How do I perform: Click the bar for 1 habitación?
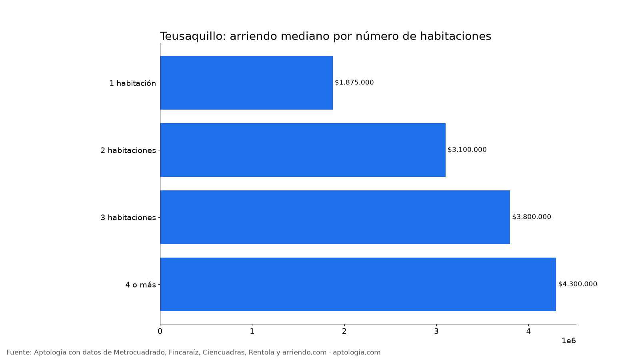(246, 83)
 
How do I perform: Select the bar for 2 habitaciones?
(303, 150)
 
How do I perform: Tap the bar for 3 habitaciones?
(335, 217)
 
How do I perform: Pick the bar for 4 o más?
(358, 284)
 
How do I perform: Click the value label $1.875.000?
(354, 82)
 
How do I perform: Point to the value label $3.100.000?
(467, 150)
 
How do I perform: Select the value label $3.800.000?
(532, 217)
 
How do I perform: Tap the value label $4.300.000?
(578, 284)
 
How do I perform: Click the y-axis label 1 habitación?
(133, 83)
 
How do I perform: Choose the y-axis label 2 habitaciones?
(128, 150)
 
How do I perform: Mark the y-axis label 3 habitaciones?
(128, 218)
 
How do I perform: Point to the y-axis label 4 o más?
(140, 284)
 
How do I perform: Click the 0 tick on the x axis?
(160, 332)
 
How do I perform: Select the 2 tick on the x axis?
(344, 332)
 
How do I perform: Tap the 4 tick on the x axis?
(528, 332)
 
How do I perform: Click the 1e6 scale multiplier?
(569, 341)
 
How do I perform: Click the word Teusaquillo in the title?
(193, 36)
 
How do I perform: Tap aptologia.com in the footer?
(356, 352)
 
